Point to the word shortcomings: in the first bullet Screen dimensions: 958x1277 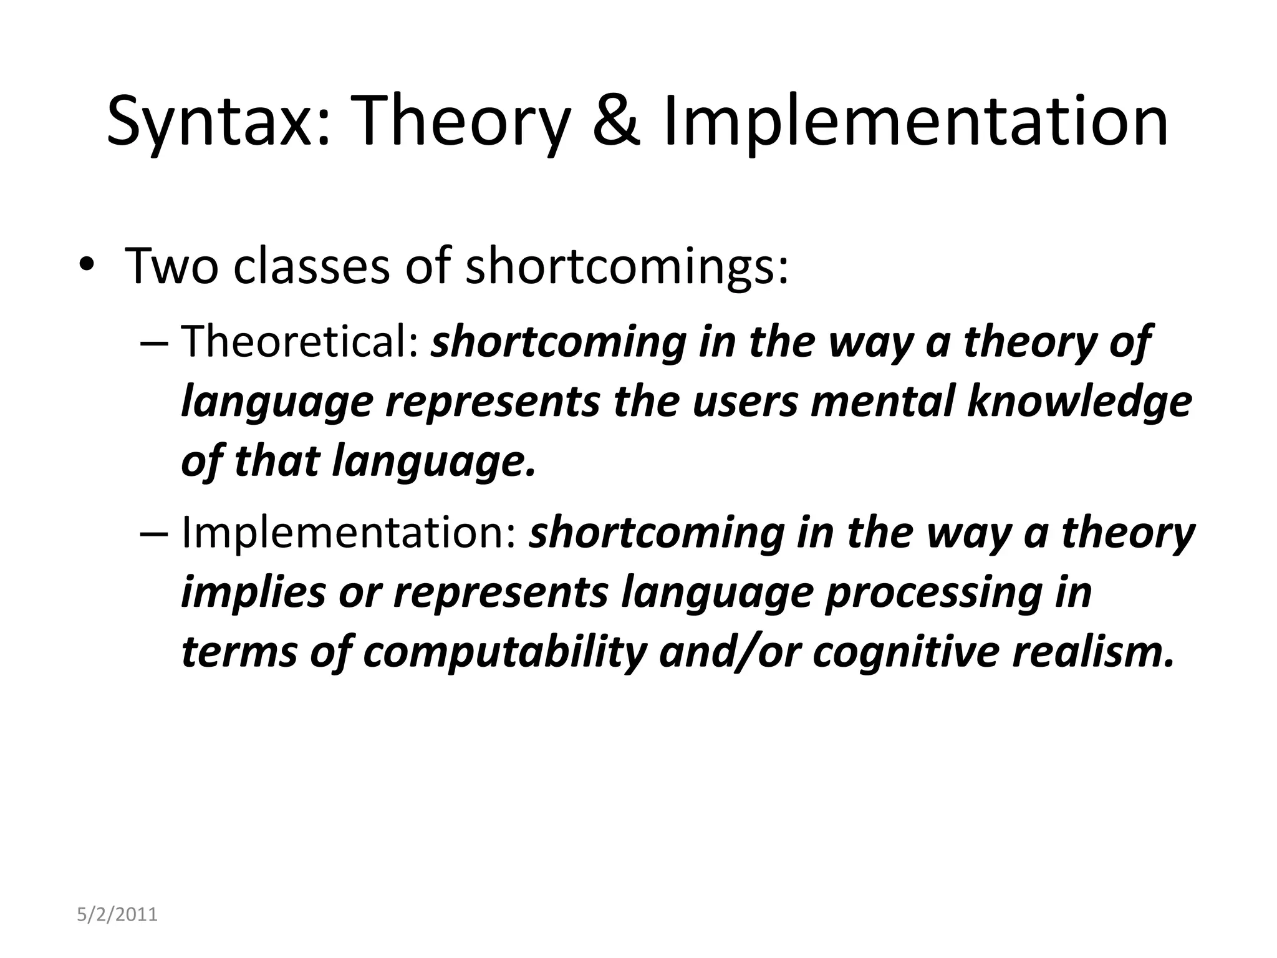(x=627, y=267)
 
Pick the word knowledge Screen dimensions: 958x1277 (x=1079, y=402)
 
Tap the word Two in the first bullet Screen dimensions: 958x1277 (x=172, y=267)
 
